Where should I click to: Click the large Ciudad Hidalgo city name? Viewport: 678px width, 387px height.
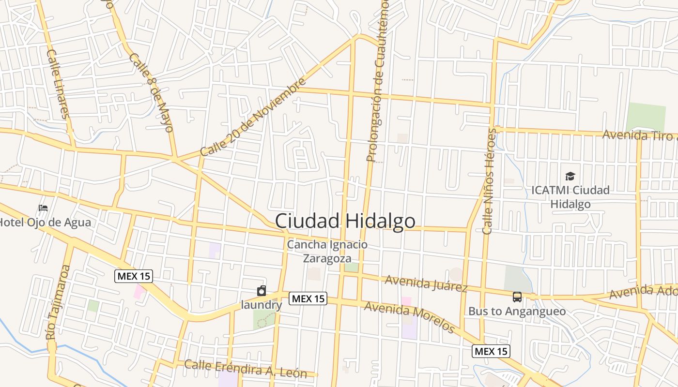345,221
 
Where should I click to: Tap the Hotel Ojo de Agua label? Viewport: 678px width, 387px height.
45,223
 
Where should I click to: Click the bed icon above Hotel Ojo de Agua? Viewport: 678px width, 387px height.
43,208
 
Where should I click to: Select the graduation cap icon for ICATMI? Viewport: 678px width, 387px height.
570,176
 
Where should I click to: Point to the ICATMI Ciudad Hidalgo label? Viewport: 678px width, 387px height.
570,197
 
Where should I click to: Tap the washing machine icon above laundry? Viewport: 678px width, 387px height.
262,291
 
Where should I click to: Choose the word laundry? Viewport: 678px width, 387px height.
262,305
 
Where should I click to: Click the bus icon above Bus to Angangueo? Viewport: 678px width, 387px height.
517,297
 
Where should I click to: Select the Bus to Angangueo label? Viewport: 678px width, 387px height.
517,311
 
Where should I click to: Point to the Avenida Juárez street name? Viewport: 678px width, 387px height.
426,283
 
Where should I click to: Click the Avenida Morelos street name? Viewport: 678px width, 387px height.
409,317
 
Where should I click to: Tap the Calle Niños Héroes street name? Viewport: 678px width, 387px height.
489,181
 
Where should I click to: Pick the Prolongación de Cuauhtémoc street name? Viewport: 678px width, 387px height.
378,80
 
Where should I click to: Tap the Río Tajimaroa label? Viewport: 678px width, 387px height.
58,302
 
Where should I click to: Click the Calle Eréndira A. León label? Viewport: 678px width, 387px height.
246,369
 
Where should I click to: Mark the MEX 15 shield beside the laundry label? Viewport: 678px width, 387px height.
308,298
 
